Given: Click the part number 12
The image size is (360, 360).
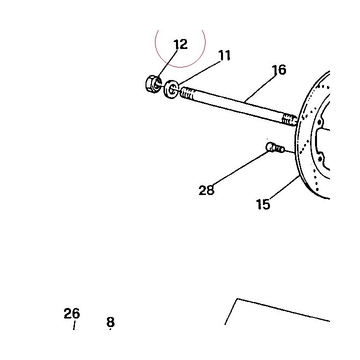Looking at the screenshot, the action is (180, 44).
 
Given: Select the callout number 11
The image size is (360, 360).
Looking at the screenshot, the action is (224, 55).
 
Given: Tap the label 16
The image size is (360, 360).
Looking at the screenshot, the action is (278, 70).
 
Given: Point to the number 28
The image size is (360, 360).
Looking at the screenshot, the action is (206, 190).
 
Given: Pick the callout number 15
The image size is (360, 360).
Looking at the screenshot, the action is (263, 204).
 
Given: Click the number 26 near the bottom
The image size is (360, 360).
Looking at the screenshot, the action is (72, 313).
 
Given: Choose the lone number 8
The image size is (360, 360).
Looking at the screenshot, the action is (110, 322).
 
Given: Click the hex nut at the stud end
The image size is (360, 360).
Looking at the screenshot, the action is (153, 84).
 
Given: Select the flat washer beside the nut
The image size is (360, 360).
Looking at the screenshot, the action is (171, 89).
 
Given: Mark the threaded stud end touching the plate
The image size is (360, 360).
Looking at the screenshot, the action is (289, 119).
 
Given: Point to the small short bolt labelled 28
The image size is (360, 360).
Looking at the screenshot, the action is (275, 147).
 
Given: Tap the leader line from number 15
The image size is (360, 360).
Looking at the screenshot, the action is (284, 187).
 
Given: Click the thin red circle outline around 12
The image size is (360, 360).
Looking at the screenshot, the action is (180, 67).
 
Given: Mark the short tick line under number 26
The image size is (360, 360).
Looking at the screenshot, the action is (74, 325).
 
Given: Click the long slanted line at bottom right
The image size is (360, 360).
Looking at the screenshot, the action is (283, 309).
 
